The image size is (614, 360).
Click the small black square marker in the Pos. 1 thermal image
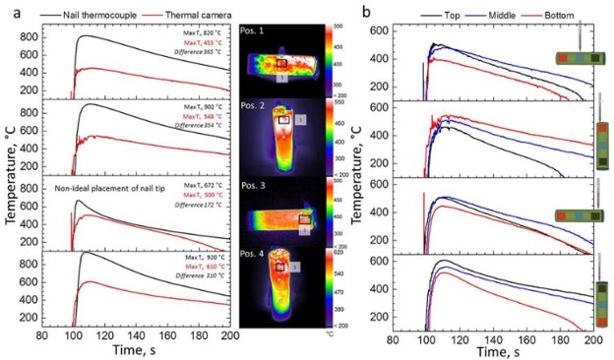tap(280, 63)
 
